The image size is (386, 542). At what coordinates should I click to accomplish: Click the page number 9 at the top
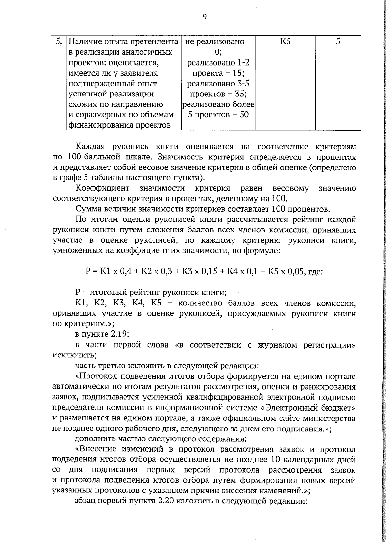(204, 17)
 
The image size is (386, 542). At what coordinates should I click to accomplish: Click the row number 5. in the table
(59, 42)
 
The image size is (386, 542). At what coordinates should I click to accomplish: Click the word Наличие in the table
(84, 42)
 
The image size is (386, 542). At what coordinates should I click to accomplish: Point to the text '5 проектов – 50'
(218, 115)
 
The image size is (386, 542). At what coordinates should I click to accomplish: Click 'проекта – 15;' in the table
(218, 73)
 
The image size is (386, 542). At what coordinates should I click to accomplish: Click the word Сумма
(87, 209)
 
